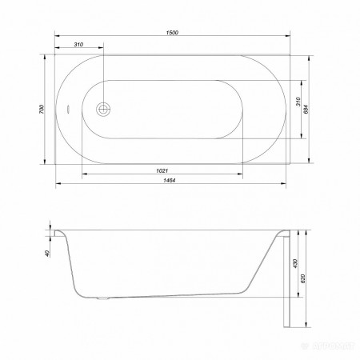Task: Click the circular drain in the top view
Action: (x=102, y=110)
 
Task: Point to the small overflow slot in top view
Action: (x=69, y=110)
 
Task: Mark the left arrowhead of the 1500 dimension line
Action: (x=57, y=36)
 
